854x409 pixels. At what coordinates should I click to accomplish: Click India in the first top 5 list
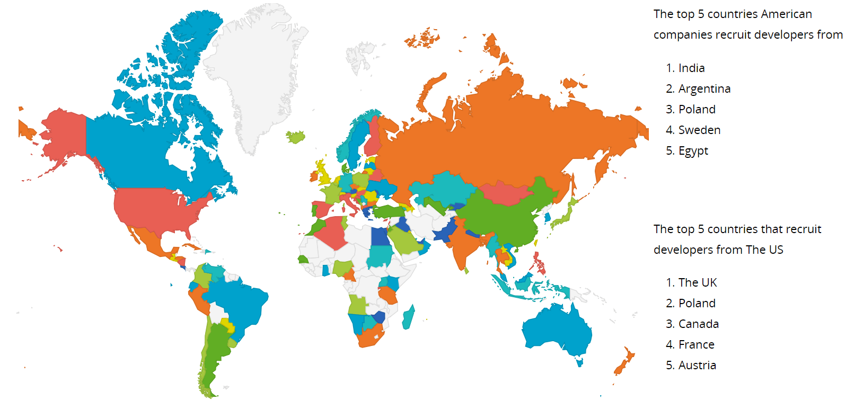[691, 68]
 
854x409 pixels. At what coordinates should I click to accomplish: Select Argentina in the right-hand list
[704, 89]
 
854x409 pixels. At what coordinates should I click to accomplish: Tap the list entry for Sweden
[699, 130]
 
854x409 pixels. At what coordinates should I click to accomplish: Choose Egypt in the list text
[693, 151]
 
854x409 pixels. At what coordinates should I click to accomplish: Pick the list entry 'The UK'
[697, 283]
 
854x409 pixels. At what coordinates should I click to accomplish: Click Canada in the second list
[698, 324]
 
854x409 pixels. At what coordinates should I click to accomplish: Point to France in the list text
[696, 345]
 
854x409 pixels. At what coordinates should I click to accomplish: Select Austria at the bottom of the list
[697, 366]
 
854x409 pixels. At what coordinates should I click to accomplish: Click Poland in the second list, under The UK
[697, 304]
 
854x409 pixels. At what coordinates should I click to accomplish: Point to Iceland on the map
[296, 137]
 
